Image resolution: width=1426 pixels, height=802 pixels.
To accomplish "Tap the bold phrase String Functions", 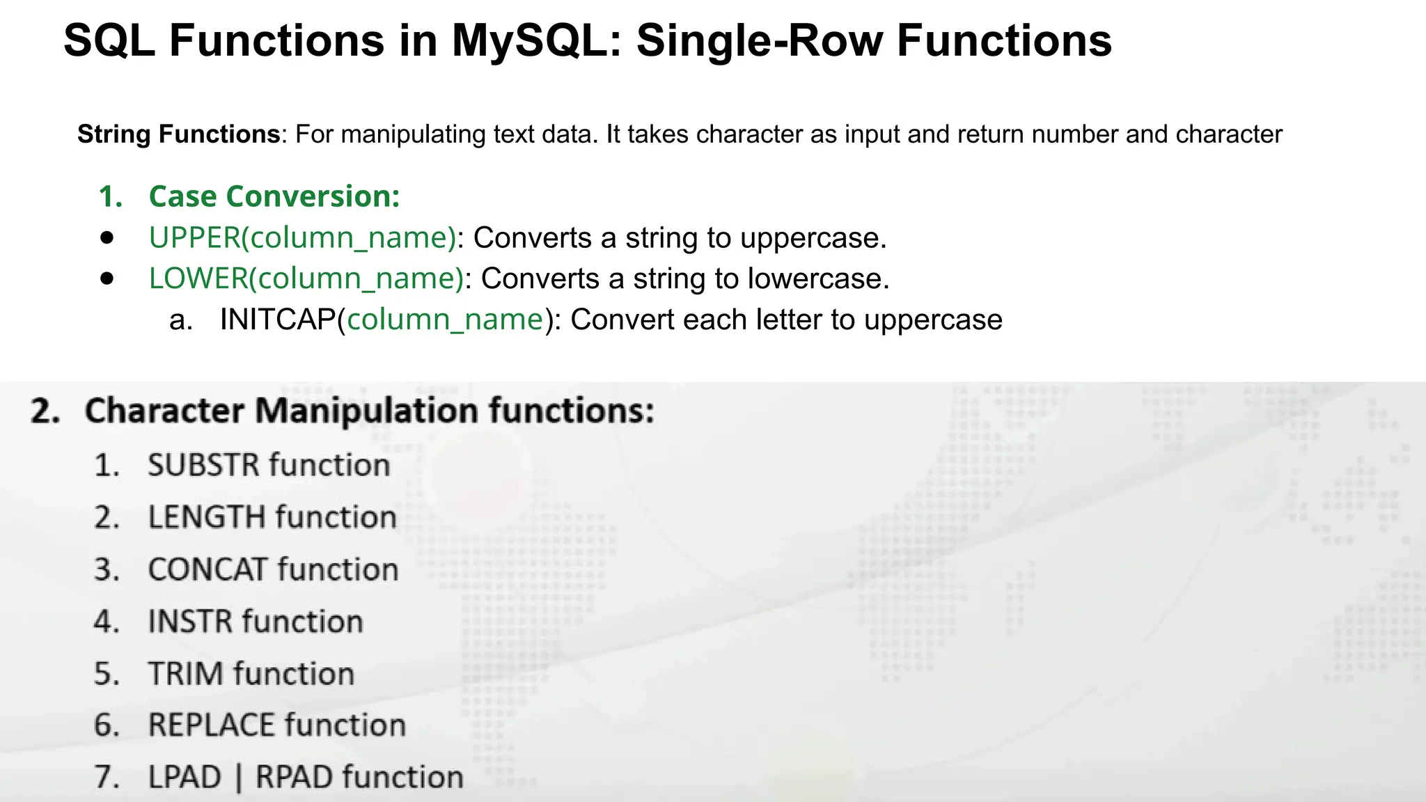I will tap(178, 134).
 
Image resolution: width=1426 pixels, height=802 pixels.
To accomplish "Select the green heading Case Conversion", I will tap(274, 196).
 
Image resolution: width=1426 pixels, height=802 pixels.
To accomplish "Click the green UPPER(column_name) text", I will tap(302, 238).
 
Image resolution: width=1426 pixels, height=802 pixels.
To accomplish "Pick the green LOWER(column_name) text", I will tap(306, 278).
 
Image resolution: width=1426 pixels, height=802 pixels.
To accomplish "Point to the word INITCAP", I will tap(278, 320).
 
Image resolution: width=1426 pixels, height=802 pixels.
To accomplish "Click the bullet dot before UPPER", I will tap(107, 237).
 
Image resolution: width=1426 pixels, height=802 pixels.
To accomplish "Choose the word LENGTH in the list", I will tap(207, 517).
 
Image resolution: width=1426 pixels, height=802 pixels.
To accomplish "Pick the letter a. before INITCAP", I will tap(180, 320).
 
